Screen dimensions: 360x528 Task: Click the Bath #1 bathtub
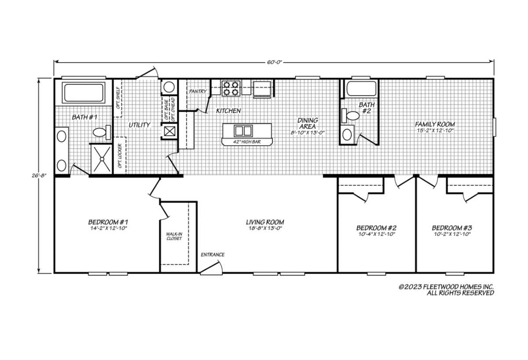click(84, 92)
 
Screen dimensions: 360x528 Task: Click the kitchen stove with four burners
click(231, 88)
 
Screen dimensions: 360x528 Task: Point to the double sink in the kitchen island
click(243, 131)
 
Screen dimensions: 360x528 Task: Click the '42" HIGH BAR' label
click(246, 142)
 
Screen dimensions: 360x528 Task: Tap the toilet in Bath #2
click(352, 116)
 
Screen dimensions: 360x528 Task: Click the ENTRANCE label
click(213, 255)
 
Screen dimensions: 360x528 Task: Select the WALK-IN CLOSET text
click(174, 236)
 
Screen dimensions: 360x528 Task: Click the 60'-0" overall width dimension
click(274, 62)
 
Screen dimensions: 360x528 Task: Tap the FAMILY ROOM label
click(435, 124)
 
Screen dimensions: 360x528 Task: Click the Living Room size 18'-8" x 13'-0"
click(264, 228)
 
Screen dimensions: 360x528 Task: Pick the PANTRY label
click(198, 92)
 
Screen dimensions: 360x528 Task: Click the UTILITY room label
click(139, 125)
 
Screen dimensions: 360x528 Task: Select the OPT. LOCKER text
click(119, 156)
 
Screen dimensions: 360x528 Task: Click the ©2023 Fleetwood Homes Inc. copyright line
click(446, 287)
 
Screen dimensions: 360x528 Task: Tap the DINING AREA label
click(308, 123)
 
